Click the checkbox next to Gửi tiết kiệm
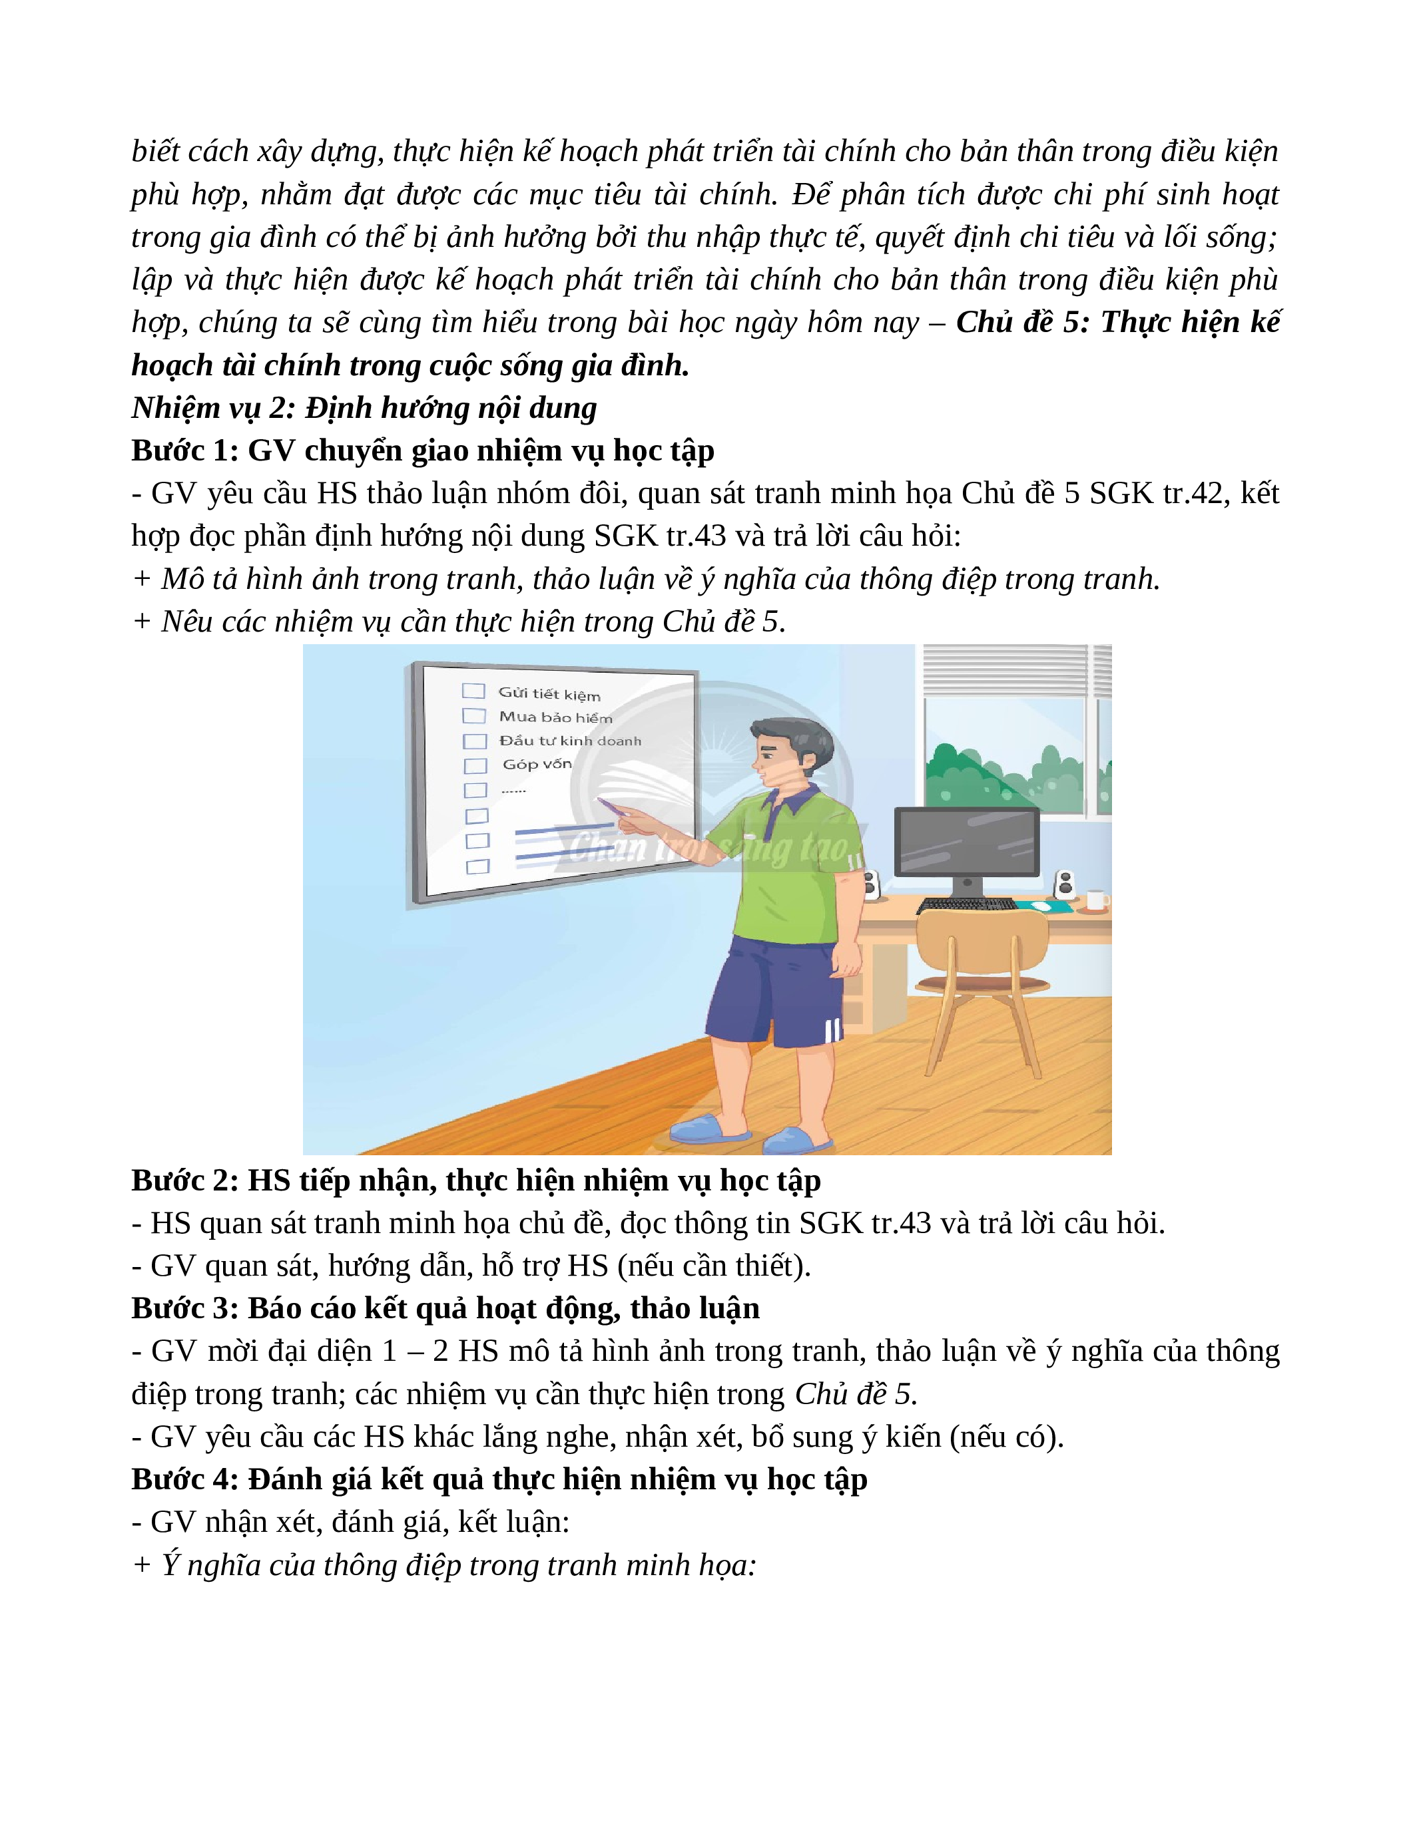tap(473, 691)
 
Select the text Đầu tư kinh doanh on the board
tap(570, 741)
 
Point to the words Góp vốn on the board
tap(537, 764)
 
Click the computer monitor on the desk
tap(966, 842)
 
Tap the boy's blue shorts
tap(775, 993)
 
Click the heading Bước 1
tap(185, 451)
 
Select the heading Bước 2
tap(185, 1181)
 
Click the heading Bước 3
tap(185, 1308)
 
